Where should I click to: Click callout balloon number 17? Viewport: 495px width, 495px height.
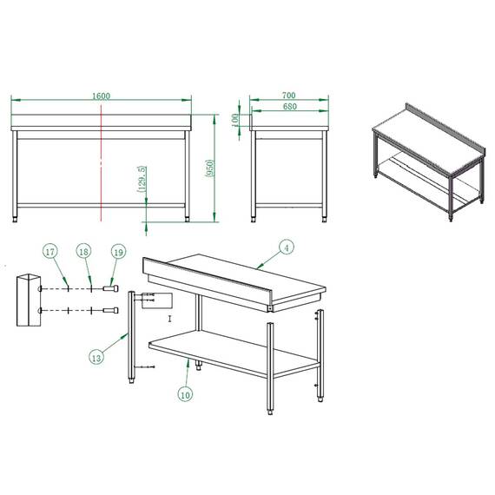(x=50, y=251)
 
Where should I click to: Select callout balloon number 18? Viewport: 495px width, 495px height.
(x=83, y=251)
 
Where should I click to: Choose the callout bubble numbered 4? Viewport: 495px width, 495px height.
(x=287, y=247)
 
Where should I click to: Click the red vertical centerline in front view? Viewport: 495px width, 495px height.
(x=102, y=165)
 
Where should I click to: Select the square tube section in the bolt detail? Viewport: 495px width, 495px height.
(x=28, y=300)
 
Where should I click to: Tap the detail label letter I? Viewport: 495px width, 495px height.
(x=170, y=320)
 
